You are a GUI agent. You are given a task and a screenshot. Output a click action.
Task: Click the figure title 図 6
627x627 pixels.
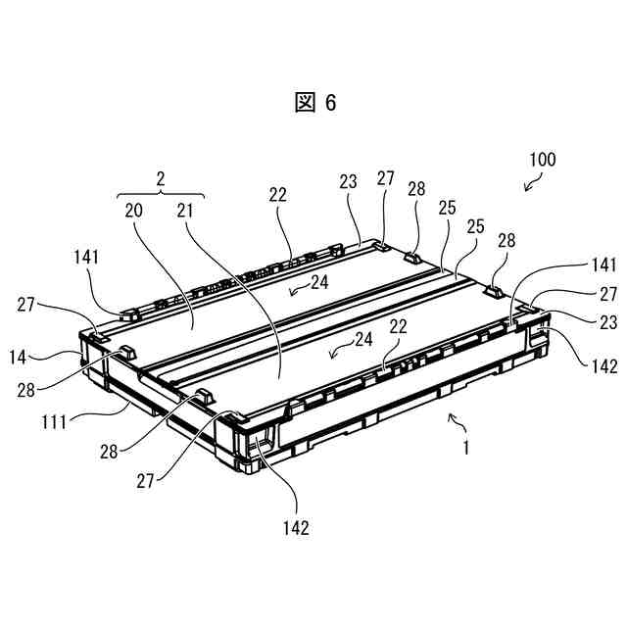[x=314, y=104]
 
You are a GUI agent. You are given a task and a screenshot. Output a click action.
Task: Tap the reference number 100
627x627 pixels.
[x=543, y=160]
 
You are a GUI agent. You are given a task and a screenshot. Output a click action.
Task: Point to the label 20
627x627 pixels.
[x=133, y=210]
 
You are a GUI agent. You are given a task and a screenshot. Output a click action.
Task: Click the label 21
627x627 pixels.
[x=186, y=210]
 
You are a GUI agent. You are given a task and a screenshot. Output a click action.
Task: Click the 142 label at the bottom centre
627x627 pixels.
[x=296, y=528]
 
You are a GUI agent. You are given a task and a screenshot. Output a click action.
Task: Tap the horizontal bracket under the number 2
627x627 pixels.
[x=161, y=192]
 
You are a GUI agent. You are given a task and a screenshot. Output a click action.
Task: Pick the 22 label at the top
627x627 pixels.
[x=278, y=195]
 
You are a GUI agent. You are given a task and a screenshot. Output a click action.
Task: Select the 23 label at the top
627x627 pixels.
[x=349, y=181]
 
